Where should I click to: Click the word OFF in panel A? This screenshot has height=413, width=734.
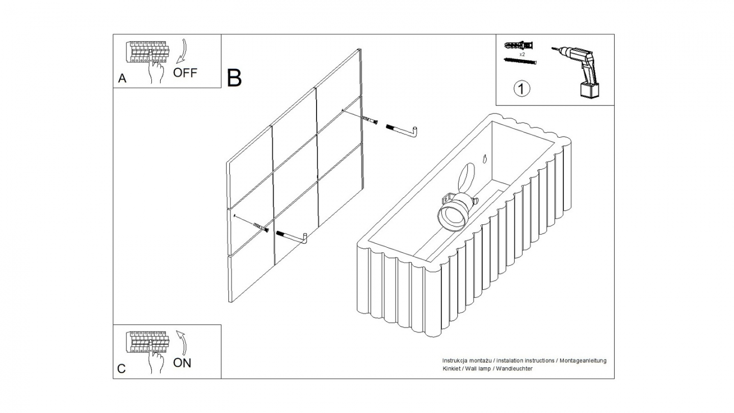point(185,72)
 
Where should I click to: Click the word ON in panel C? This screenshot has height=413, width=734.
point(182,363)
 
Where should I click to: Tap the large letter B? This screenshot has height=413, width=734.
point(234,78)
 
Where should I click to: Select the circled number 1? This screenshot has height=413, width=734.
point(521,89)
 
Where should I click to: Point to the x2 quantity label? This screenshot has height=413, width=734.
point(522,54)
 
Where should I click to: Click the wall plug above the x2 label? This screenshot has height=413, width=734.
point(520,45)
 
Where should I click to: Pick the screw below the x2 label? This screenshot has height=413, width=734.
point(520,61)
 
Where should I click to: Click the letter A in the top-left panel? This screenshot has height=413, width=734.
point(122,79)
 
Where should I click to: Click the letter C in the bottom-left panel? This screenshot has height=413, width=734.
point(121,369)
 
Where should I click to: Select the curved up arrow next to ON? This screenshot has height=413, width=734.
point(181,343)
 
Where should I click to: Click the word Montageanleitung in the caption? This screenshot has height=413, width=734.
point(583,360)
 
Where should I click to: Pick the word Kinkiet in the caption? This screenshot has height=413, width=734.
point(452,368)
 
